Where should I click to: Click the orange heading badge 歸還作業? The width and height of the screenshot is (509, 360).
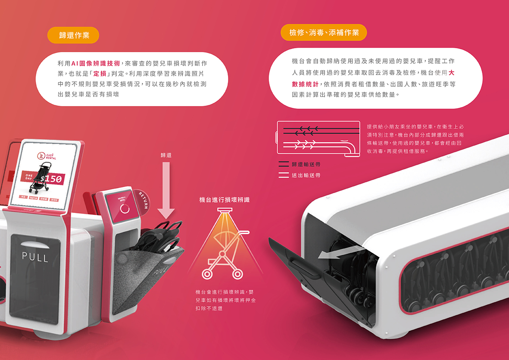[x=73, y=35]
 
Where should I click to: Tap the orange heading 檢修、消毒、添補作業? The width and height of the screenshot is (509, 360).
[x=324, y=32]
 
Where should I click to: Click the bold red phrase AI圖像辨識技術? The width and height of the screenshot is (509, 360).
[x=96, y=63]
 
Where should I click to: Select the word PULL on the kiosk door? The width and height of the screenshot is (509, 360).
[x=36, y=257]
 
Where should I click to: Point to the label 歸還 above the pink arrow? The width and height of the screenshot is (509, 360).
[x=166, y=155]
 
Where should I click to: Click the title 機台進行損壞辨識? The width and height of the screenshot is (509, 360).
[x=224, y=200]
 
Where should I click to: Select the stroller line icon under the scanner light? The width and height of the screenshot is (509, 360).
[x=225, y=254]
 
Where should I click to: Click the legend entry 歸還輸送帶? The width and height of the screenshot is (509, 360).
[x=306, y=164]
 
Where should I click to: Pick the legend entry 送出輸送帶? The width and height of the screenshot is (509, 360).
[x=306, y=175]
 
